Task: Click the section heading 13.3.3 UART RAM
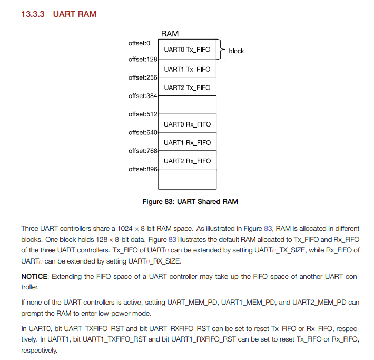pos(58,14)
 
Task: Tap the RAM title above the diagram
pos(170,34)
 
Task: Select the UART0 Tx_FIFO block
pos(187,50)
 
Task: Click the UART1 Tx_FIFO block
pos(187,69)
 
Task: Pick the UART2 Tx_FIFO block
pos(187,87)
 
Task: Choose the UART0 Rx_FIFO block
pos(187,124)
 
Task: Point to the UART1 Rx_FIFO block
pos(187,142)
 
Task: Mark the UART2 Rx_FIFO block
pos(187,161)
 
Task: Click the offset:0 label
pos(139,43)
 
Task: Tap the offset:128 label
pos(143,59)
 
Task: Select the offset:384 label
pos(143,96)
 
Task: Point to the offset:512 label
pos(143,114)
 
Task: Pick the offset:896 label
pos(143,169)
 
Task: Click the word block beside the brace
pos(236,51)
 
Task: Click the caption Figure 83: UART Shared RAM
pos(190,201)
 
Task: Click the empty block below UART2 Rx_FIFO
pos(187,179)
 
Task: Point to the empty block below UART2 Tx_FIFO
pos(187,105)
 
